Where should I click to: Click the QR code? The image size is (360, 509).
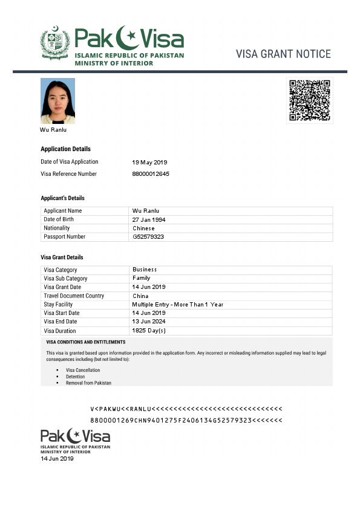point(309,100)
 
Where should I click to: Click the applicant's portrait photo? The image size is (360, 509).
point(57,100)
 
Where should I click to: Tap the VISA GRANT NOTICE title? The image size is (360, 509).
point(283,54)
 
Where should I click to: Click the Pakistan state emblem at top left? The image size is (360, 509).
point(55,42)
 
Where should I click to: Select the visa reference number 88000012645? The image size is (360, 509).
point(151,174)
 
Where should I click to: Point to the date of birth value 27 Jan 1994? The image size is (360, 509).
point(149,219)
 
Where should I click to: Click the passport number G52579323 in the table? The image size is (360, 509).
point(148,237)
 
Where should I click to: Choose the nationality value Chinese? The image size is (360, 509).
point(143,229)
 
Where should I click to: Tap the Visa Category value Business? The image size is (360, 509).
point(145,270)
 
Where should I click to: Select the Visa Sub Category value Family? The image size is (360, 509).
point(141,278)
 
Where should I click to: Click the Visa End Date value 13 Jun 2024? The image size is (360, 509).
point(149,322)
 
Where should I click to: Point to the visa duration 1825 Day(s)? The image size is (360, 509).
point(149,331)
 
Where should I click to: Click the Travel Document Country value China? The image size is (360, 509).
point(140,296)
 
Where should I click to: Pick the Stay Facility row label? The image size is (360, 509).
point(58,305)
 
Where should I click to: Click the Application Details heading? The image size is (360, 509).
point(65,149)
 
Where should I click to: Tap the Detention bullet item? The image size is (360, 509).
point(75,377)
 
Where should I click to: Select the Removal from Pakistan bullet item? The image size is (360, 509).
point(88,383)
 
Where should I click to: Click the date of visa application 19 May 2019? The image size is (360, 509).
point(149,162)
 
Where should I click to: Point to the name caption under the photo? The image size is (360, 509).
point(53,130)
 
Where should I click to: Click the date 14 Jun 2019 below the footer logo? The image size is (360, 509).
point(57,459)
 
